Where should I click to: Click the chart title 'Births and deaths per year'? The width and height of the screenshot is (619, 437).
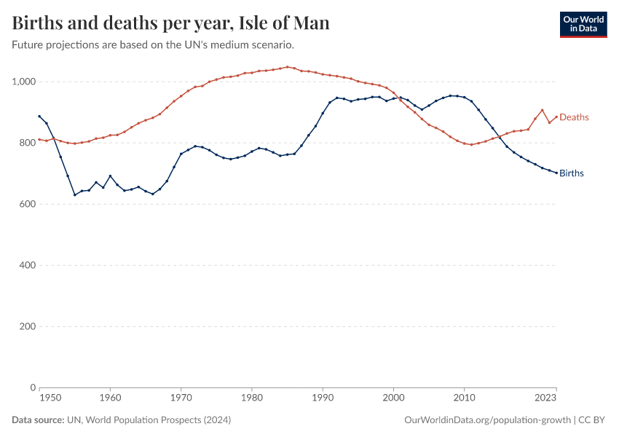click(x=171, y=23)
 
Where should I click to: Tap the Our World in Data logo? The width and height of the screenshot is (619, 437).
click(x=583, y=24)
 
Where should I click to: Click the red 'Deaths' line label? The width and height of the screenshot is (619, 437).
click(x=574, y=117)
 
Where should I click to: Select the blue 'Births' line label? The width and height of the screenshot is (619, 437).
click(x=572, y=173)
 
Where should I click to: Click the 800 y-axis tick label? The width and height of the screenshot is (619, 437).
click(x=27, y=143)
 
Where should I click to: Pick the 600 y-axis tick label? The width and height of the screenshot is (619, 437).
click(x=27, y=204)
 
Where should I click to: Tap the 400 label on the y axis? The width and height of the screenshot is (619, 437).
click(x=27, y=265)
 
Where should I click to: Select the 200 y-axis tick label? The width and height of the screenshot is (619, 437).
click(x=27, y=326)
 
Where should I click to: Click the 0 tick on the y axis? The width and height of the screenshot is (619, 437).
click(x=33, y=387)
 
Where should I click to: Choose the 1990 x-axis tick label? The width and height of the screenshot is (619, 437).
click(x=323, y=398)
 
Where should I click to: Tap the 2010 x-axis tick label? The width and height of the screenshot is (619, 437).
click(x=465, y=398)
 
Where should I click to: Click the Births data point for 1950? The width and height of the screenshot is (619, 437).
click(x=39, y=116)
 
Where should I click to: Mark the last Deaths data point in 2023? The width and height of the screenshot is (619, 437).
click(x=556, y=117)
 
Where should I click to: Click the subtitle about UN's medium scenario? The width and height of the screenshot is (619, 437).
click(x=153, y=44)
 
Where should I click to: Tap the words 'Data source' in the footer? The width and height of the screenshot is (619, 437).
click(x=38, y=420)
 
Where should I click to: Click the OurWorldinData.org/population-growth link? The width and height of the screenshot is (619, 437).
click(x=486, y=420)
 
